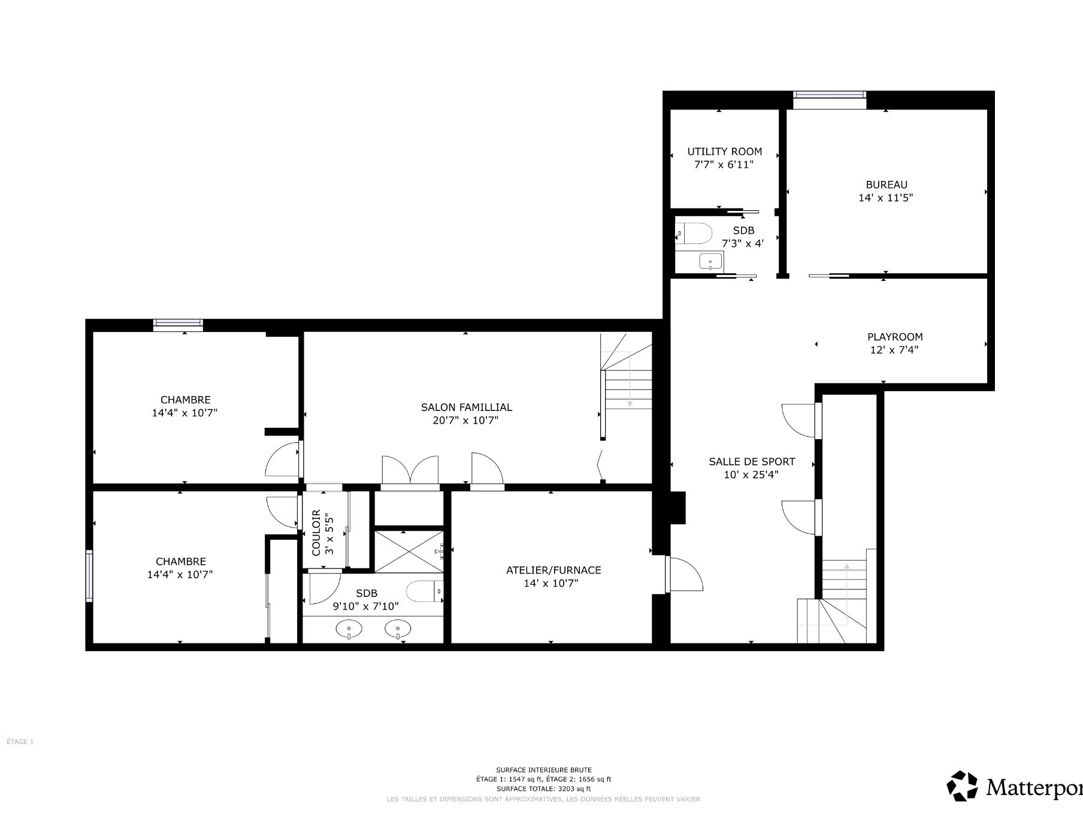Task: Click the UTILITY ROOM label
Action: point(724,152)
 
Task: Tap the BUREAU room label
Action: point(886,185)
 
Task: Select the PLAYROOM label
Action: point(895,337)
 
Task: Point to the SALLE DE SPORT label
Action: point(752,462)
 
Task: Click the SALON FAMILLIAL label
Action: point(466,407)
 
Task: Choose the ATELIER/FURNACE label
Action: point(553,570)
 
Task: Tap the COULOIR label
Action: point(316,533)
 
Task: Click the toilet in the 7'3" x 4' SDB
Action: point(694,233)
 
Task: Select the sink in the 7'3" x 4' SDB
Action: point(711,262)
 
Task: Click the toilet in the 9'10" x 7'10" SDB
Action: point(425,591)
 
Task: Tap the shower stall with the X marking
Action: point(409,551)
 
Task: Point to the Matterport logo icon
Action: point(962,785)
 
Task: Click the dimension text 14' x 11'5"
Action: point(886,198)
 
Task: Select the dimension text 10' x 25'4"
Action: point(751,475)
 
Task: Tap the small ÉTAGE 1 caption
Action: point(20,742)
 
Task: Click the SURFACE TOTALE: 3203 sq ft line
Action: point(543,789)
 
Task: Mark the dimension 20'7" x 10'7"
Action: point(465,421)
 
